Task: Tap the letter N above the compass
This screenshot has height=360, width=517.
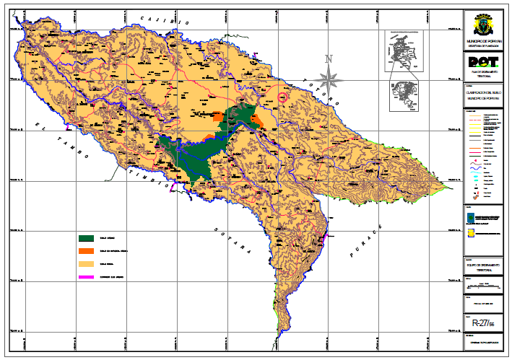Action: (328, 59)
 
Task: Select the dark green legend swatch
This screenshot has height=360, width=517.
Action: (87, 238)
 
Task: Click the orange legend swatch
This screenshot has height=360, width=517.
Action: (87, 251)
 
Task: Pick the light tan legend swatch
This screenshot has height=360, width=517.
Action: (87, 264)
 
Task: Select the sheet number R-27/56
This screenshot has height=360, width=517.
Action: (482, 324)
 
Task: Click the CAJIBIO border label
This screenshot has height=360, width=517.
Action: (165, 21)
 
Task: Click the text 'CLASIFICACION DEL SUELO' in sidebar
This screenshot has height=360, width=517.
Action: (482, 93)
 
